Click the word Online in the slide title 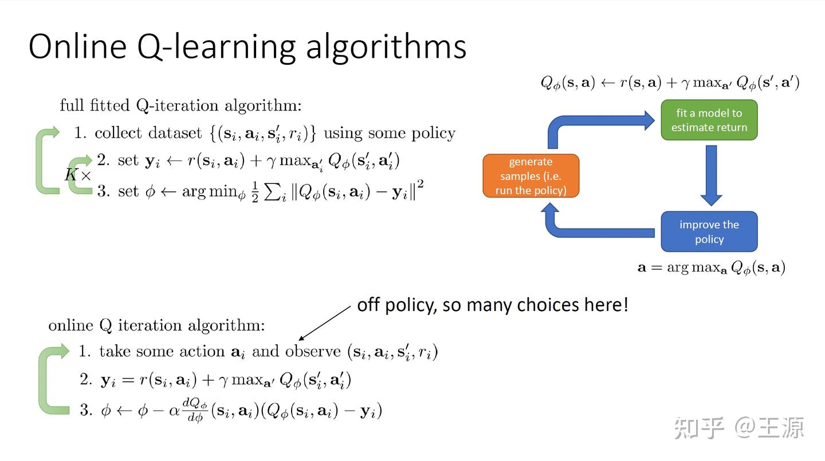(x=77, y=47)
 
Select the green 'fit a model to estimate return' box (x=709, y=120)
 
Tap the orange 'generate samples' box (x=531, y=176)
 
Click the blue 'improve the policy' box (x=709, y=231)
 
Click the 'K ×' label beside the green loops (x=77, y=175)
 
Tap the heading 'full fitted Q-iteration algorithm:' (x=180, y=105)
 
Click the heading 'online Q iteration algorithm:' (x=156, y=325)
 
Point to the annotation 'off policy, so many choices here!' (x=492, y=305)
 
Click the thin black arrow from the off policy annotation (x=324, y=323)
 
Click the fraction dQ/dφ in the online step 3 (x=195, y=410)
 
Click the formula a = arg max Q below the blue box (x=711, y=267)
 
